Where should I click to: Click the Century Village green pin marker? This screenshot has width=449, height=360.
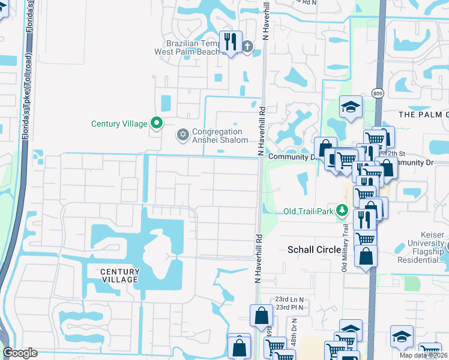click(x=157, y=124)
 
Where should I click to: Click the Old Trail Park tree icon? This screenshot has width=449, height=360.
click(x=342, y=211)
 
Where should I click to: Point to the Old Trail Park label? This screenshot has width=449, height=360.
click(x=309, y=211)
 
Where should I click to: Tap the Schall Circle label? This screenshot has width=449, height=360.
click(x=315, y=250)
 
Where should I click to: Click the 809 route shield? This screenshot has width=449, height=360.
click(x=377, y=93)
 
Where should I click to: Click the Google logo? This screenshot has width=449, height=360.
click(x=20, y=353)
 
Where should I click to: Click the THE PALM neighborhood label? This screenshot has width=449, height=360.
click(x=423, y=114)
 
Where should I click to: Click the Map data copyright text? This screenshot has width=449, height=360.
click(x=423, y=355)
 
